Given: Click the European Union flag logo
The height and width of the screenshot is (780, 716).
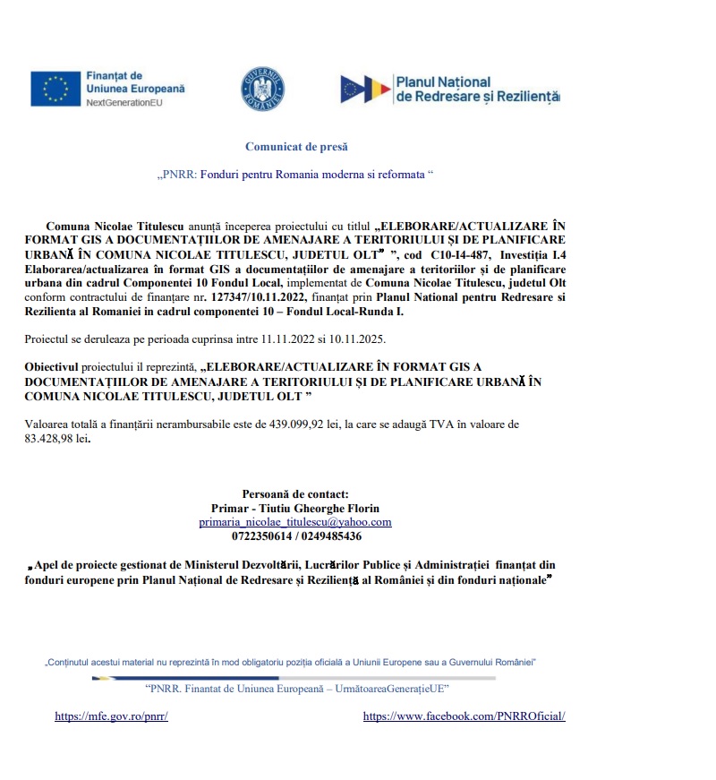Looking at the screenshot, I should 55,89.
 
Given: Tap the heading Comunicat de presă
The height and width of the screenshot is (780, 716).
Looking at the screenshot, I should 296,146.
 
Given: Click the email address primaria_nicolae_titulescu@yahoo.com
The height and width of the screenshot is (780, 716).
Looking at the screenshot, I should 295,522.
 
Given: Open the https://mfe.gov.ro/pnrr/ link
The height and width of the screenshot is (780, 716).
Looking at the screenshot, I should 111,716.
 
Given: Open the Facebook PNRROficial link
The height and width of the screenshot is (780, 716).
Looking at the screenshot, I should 464,716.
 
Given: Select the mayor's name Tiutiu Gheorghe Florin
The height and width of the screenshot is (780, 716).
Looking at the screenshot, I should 318,508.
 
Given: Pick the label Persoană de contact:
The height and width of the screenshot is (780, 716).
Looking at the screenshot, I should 295,493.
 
